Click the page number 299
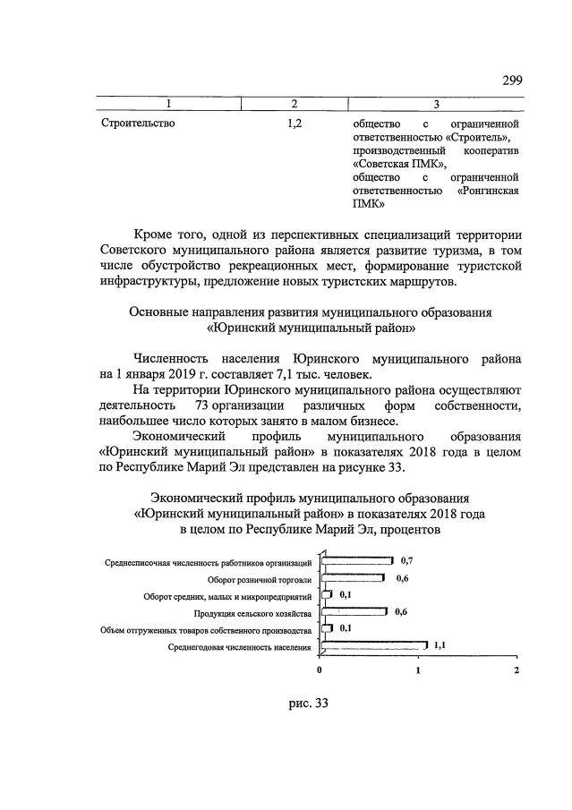(511, 81)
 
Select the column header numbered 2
(294, 105)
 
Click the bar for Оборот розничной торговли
(353, 578)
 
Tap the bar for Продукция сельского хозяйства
(353, 612)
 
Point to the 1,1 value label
(440, 644)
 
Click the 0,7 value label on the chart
(406, 559)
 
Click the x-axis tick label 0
(320, 669)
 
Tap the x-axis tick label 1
(418, 669)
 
